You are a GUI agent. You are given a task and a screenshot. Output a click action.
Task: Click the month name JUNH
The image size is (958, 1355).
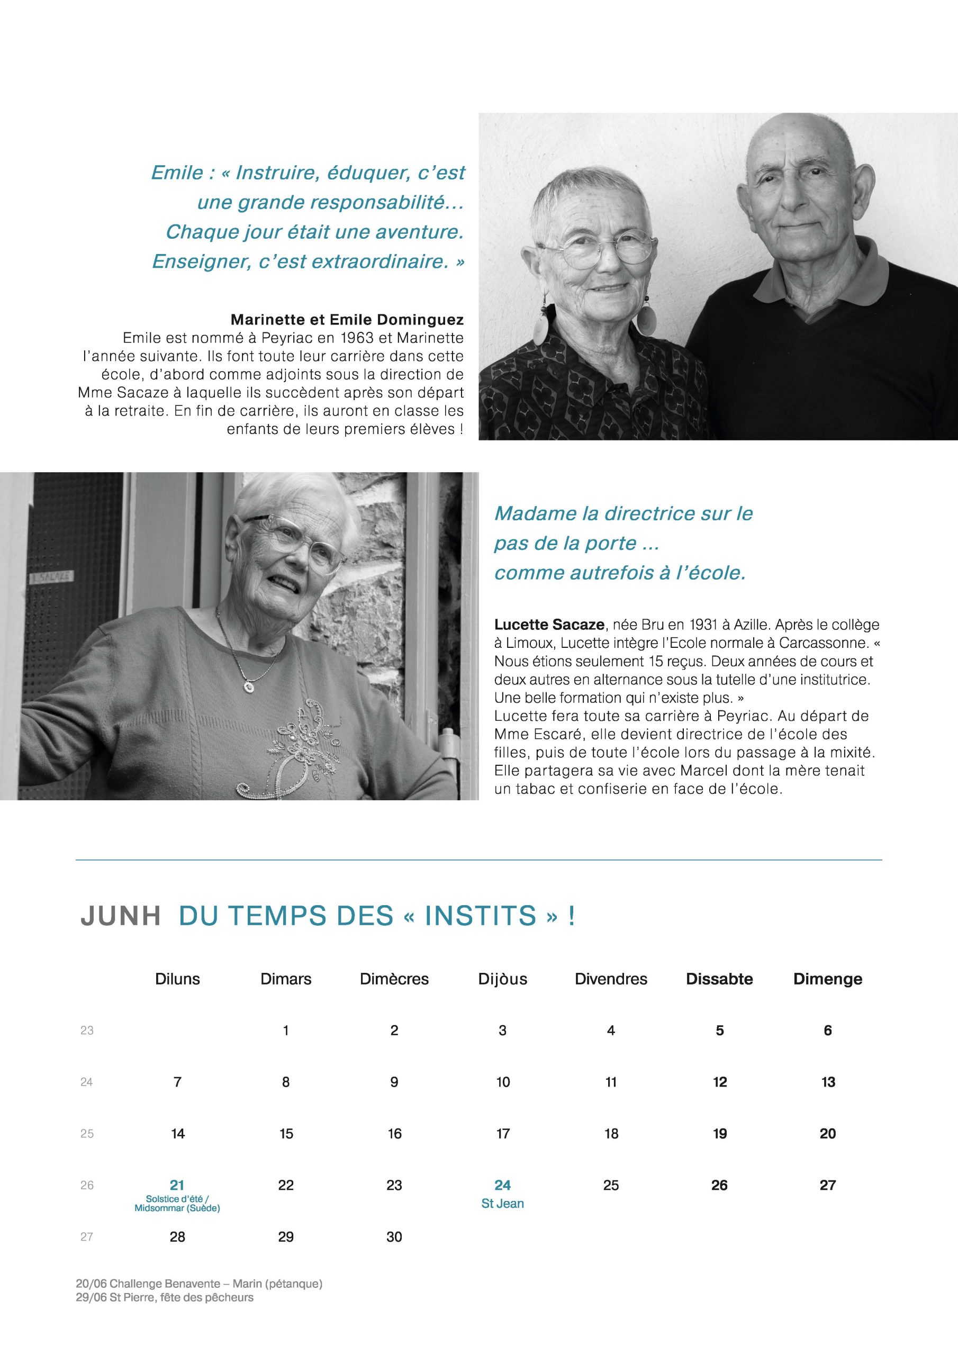point(121,916)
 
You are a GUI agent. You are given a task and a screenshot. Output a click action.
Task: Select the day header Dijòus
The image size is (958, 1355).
point(502,979)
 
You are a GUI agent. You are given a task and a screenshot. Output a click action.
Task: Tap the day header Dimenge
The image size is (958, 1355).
point(828,979)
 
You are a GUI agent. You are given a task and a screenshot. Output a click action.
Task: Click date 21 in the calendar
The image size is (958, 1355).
point(177,1185)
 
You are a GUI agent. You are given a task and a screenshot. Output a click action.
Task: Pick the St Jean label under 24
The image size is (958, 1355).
point(502,1203)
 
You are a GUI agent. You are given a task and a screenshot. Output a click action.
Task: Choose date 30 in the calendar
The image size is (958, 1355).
point(394,1236)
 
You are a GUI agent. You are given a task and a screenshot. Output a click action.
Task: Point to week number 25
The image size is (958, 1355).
point(87,1133)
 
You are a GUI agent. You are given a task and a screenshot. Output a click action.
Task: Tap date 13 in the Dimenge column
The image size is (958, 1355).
point(828,1082)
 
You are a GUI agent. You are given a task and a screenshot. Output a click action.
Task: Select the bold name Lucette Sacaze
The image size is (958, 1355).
point(549,625)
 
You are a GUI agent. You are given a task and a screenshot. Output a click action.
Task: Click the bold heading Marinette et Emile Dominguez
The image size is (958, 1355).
point(347,320)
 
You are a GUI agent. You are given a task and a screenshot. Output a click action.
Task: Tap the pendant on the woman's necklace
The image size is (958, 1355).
point(249,686)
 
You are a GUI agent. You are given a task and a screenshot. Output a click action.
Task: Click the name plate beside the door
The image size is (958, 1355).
point(51,575)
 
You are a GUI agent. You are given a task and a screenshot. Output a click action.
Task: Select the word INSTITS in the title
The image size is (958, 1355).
point(480,916)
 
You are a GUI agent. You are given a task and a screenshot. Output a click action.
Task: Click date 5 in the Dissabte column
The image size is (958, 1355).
point(719,1031)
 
